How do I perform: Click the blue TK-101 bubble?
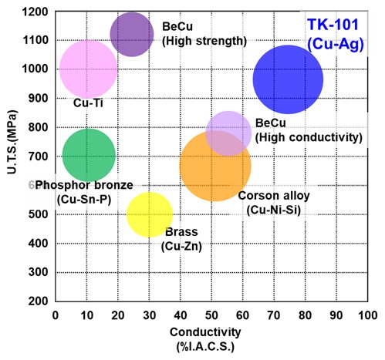288,79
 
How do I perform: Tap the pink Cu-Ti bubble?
88,68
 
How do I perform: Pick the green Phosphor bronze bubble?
89,154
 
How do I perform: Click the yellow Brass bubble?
149,214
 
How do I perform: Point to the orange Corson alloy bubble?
214,165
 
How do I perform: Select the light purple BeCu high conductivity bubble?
228,133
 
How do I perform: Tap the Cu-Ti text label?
89,102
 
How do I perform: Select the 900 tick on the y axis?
39,98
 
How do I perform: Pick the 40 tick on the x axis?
180,315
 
